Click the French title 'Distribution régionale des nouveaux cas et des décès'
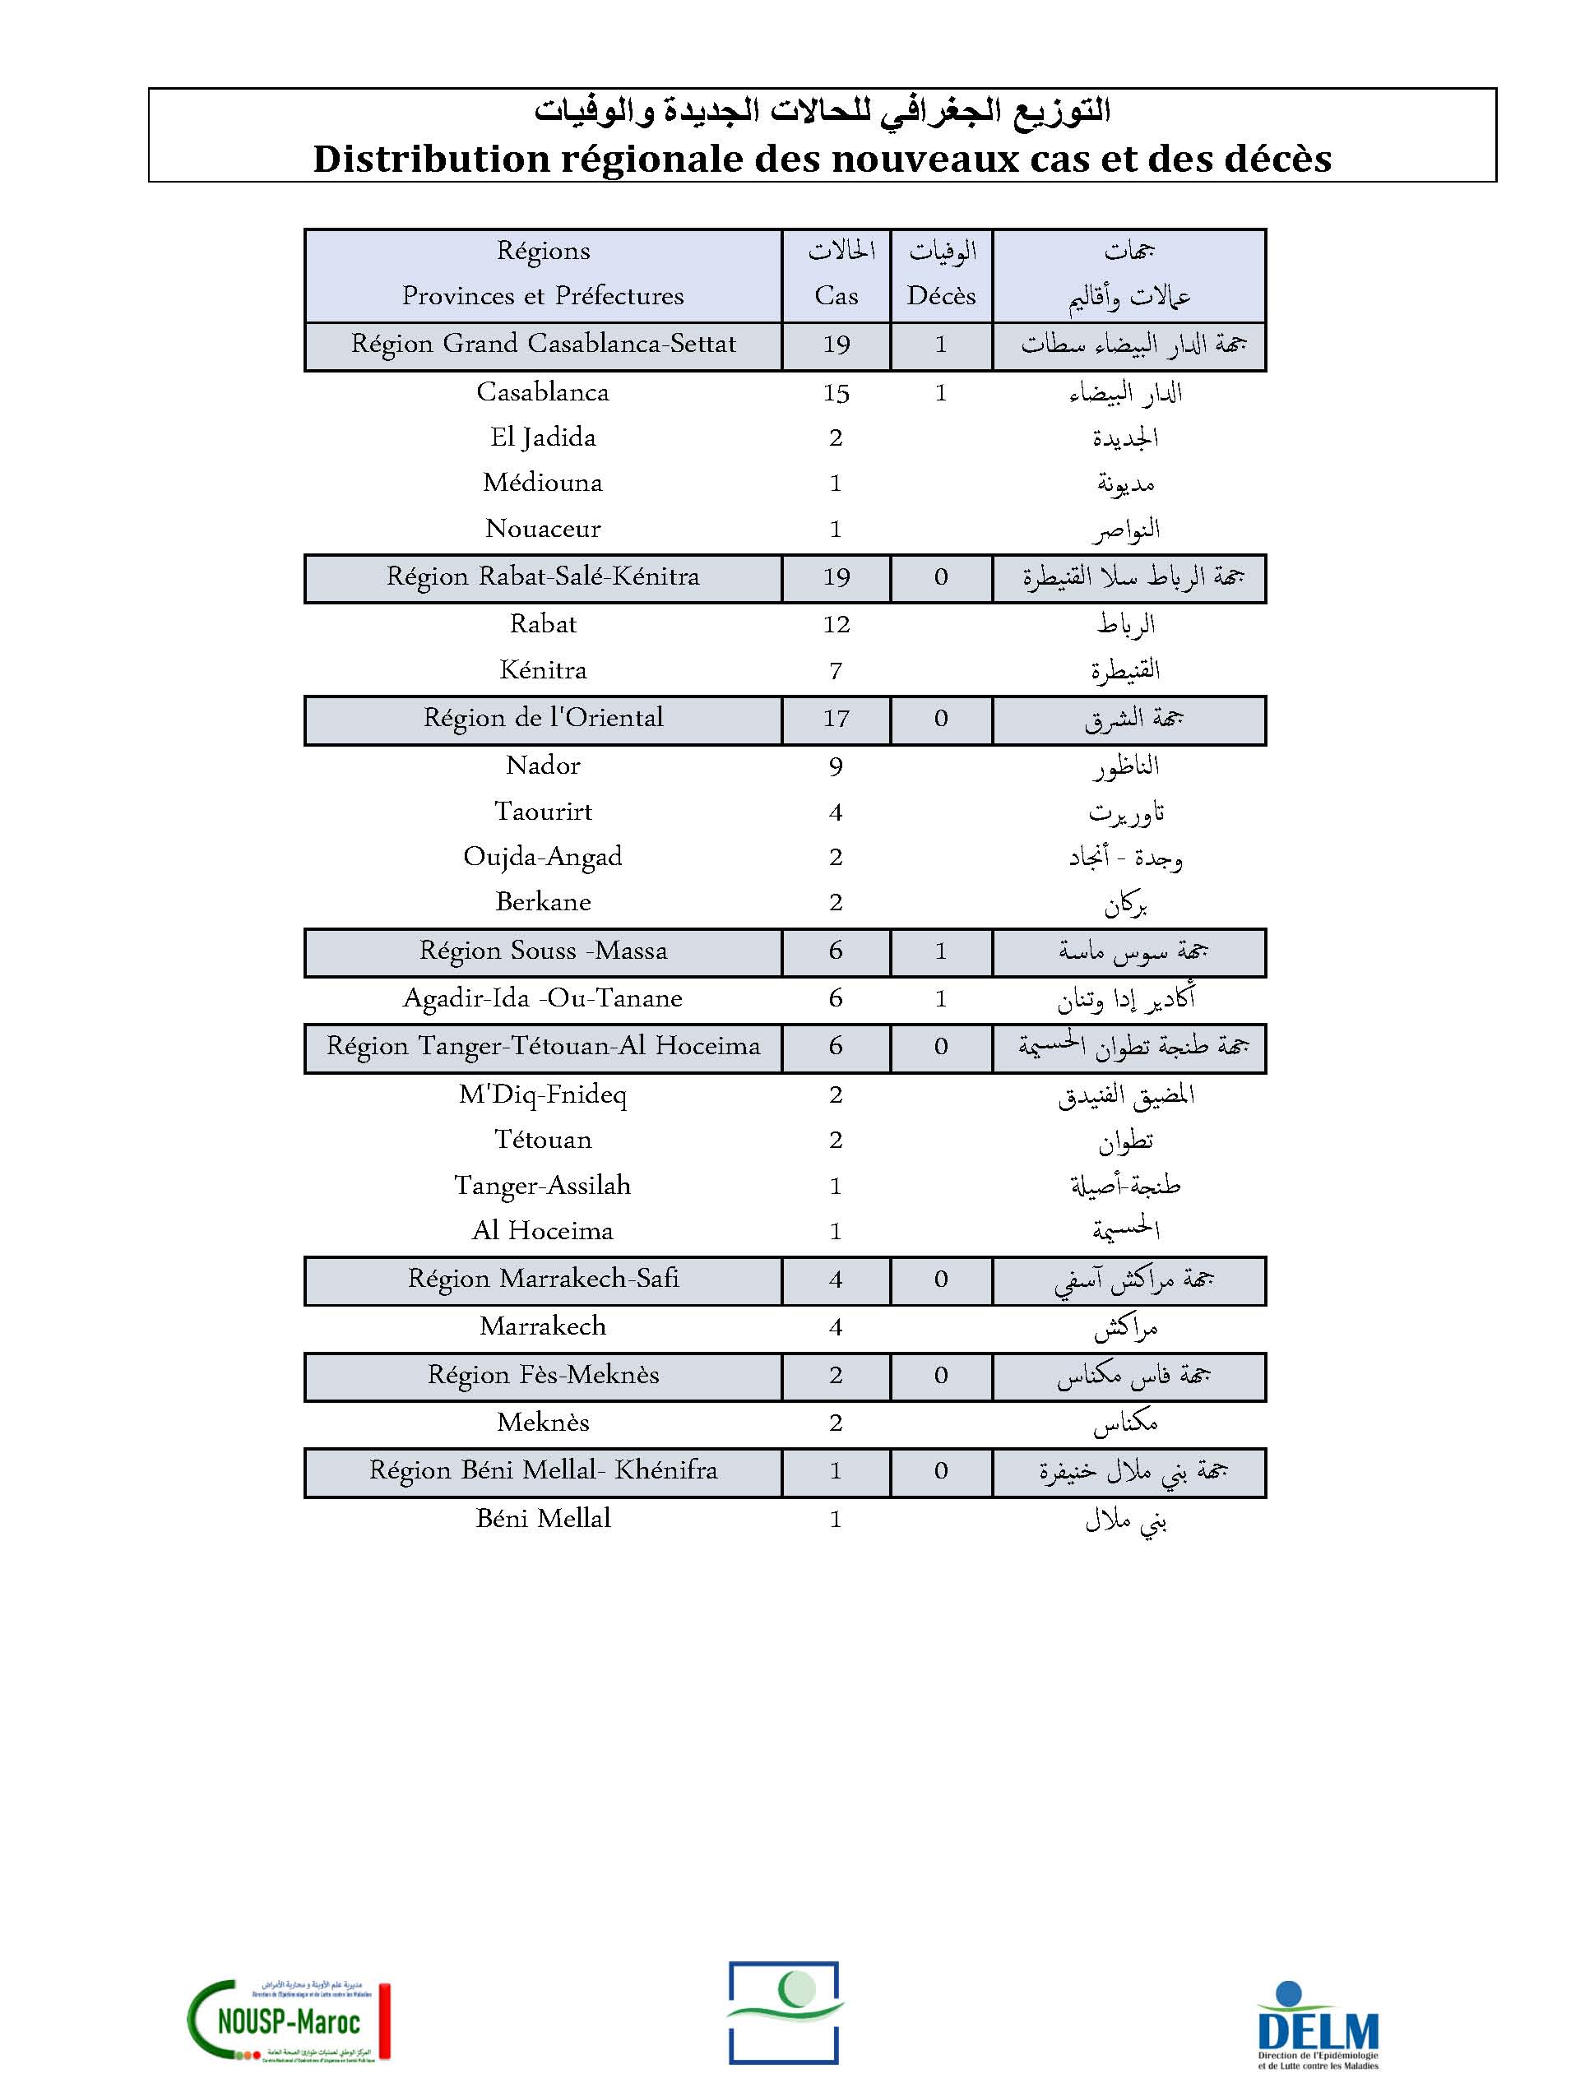click(822, 159)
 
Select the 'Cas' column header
click(836, 296)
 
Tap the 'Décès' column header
click(941, 296)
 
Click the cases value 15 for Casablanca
click(836, 393)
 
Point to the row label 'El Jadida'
click(543, 437)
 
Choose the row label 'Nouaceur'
click(543, 530)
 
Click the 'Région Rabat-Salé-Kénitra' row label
click(543, 576)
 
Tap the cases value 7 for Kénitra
click(836, 671)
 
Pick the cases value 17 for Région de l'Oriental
click(836, 719)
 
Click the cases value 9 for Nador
click(836, 766)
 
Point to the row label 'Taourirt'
click(543, 812)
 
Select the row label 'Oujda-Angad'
click(543, 857)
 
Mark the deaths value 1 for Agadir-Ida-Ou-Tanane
click(941, 999)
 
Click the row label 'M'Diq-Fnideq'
click(543, 1094)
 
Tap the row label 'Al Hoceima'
click(543, 1231)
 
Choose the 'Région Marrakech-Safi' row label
click(543, 1279)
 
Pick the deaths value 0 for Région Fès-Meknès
click(941, 1376)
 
